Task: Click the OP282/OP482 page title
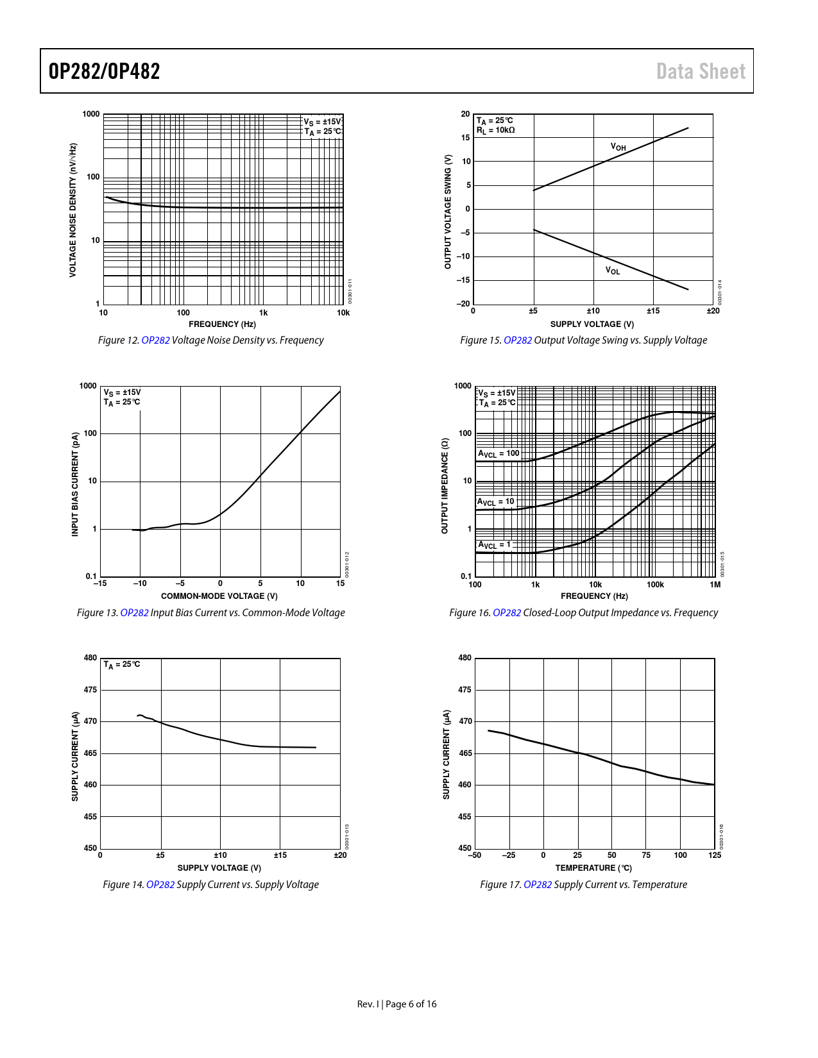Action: (x=105, y=71)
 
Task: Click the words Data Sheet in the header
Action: (x=701, y=71)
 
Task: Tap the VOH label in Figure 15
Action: (x=618, y=147)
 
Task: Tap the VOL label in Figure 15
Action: (x=613, y=271)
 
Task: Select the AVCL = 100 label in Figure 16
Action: (x=498, y=454)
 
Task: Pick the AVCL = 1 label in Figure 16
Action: (x=494, y=545)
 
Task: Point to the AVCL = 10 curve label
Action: (x=495, y=502)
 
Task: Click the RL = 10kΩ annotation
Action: (x=495, y=130)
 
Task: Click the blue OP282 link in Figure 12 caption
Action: (x=155, y=340)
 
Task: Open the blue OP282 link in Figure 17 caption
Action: (x=538, y=885)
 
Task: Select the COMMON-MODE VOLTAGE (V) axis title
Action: (x=219, y=596)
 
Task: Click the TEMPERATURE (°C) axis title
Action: (x=593, y=868)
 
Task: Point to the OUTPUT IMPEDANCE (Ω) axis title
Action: (x=445, y=486)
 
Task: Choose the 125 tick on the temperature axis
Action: (x=715, y=855)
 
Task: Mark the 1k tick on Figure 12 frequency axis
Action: (x=263, y=313)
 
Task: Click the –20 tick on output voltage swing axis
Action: (x=463, y=304)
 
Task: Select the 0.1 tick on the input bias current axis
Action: (x=91, y=576)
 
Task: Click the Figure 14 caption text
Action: (x=210, y=885)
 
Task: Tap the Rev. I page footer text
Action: (x=396, y=1004)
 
